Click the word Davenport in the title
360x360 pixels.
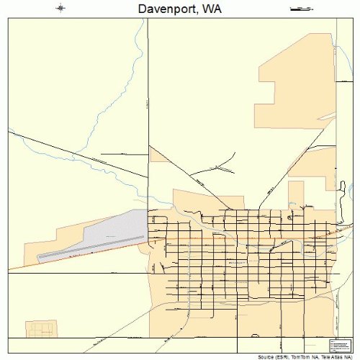(x=165, y=9)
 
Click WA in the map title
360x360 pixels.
(x=210, y=9)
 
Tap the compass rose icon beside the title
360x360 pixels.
(x=60, y=9)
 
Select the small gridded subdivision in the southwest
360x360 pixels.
(x=41, y=330)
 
